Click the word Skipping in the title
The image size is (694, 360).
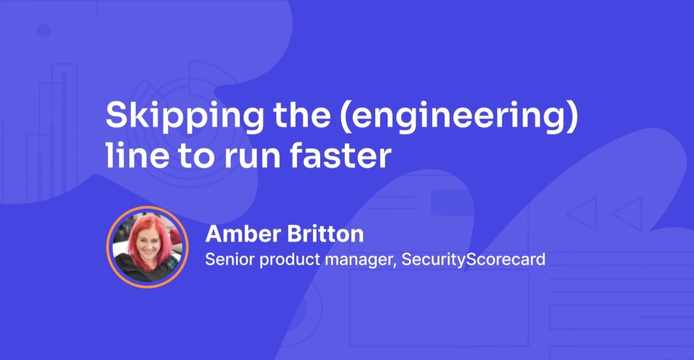184,116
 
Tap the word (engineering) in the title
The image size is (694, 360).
459,116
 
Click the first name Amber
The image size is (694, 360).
243,233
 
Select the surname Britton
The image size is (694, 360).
325,233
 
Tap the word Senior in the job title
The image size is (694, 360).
230,259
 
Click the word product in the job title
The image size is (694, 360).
290,260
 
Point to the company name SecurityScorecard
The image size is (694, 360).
473,260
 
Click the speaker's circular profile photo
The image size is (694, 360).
147,247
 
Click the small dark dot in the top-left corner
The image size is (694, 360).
44,30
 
